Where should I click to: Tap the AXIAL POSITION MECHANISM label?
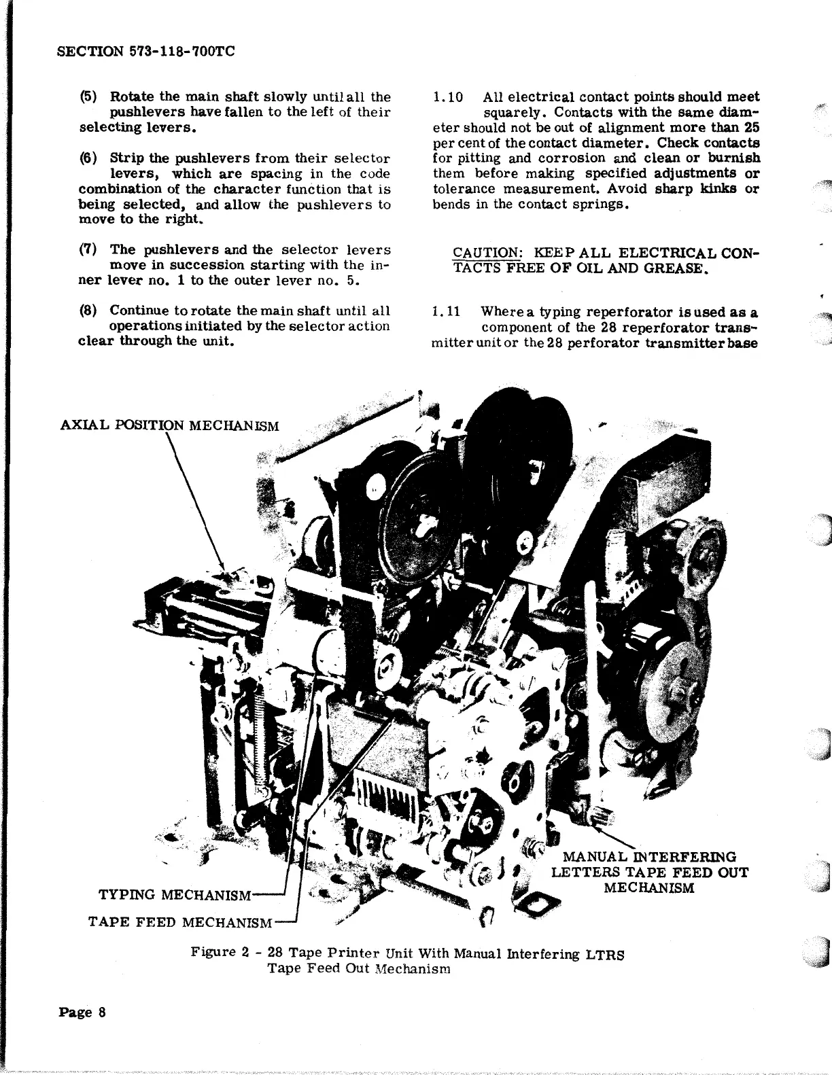coord(169,426)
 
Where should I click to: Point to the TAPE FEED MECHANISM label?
coord(181,922)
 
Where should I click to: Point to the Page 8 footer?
coord(82,1012)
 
